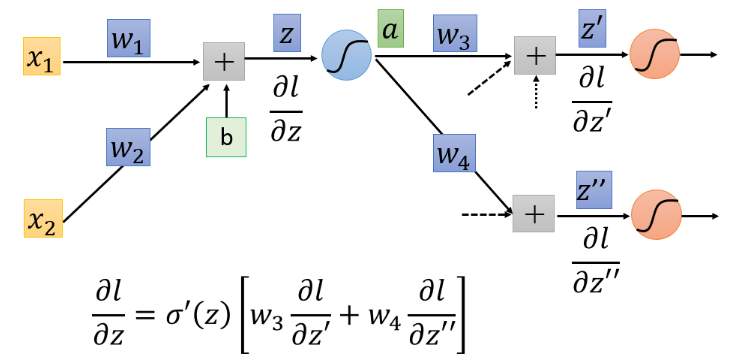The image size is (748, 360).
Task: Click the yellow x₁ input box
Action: coord(42,56)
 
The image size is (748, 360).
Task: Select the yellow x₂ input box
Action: coord(43,218)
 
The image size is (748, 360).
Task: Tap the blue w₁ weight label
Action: coord(129,38)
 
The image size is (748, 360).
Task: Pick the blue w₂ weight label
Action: coord(128,147)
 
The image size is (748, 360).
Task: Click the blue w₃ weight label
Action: coord(455,33)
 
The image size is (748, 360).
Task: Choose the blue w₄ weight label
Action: coord(454,153)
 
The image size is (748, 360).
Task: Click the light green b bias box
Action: coord(226,137)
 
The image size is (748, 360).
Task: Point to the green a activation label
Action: coord(391,29)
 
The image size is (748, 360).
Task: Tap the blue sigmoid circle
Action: coord(346,56)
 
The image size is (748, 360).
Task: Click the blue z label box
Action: coord(287,32)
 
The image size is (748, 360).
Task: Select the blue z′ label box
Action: coord(592,28)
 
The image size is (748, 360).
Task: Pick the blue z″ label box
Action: coord(594,190)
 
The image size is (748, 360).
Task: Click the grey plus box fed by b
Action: coord(224,62)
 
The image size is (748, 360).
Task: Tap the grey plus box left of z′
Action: coord(535,55)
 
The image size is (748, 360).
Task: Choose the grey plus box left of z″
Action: coord(534,214)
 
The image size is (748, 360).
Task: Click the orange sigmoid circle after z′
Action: coord(654,54)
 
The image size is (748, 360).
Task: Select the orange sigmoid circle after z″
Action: coord(656,215)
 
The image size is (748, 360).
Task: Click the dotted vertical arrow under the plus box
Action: coord(536,92)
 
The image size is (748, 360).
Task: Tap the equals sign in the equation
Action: coord(147,317)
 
